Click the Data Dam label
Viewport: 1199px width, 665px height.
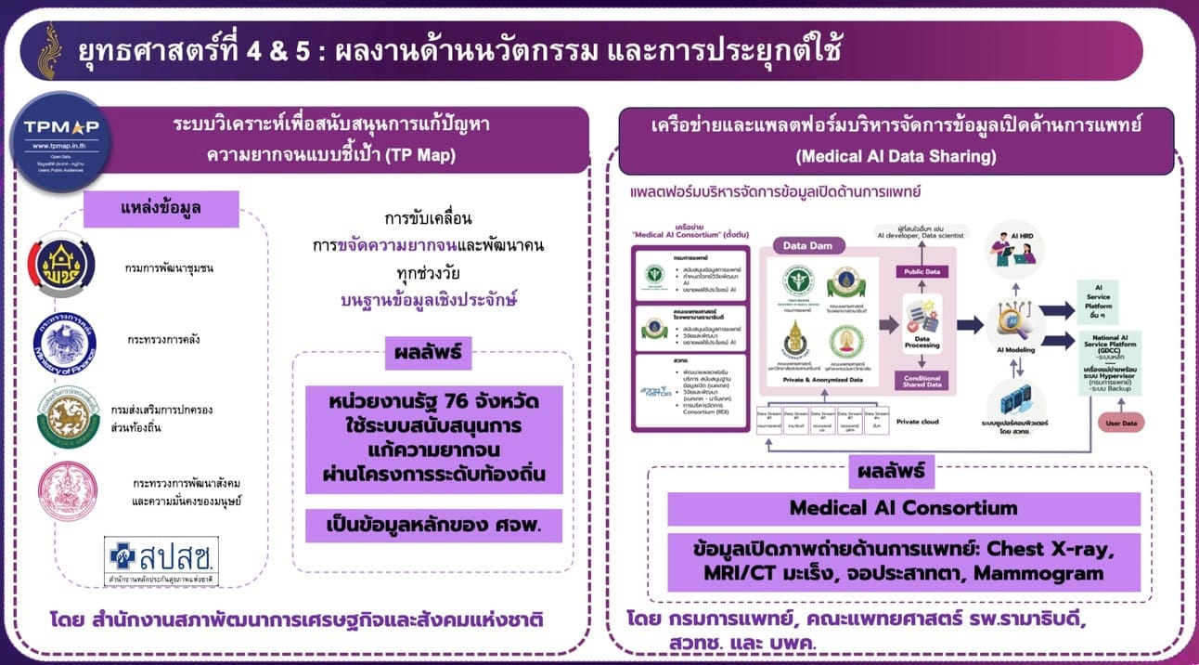coord(801,245)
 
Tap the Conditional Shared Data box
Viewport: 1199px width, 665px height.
coord(920,380)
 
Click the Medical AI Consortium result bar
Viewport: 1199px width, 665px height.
coord(903,508)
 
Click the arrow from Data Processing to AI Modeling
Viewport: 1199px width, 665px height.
coord(971,324)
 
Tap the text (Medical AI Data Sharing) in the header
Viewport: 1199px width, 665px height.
coord(896,157)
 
